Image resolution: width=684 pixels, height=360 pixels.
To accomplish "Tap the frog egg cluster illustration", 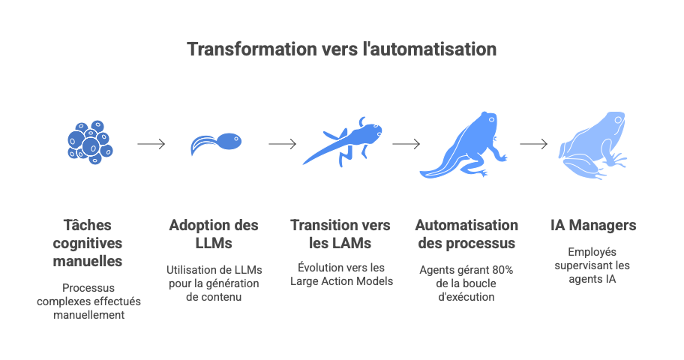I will pyautogui.click(x=89, y=142).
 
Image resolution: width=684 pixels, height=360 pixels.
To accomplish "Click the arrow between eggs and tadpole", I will pyautogui.click(x=151, y=144).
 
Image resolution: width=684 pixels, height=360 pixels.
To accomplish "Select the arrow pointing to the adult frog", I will pyautogui.click(x=533, y=144).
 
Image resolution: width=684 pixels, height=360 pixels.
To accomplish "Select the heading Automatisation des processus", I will pyautogui.click(x=466, y=234).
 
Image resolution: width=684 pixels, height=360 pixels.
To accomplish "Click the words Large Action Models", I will pyautogui.click(x=342, y=281).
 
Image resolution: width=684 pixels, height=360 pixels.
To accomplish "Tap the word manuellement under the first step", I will pyautogui.click(x=88, y=314).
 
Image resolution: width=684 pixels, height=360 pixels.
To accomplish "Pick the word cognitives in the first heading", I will pyautogui.click(x=88, y=243).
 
